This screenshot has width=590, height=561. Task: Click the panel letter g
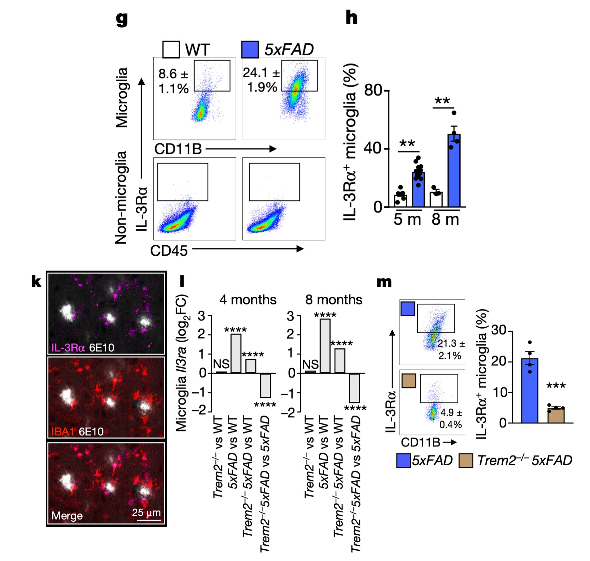click(x=122, y=19)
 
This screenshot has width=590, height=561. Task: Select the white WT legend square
click(x=171, y=50)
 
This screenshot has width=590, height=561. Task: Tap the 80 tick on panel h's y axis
click(x=373, y=91)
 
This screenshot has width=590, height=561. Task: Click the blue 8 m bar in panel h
click(x=454, y=171)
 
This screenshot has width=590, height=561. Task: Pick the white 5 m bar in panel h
click(x=401, y=201)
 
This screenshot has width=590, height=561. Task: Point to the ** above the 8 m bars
click(x=442, y=101)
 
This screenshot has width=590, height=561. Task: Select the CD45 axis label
click(x=169, y=251)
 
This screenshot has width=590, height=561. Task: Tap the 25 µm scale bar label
click(x=146, y=512)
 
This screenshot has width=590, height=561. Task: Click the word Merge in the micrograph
click(x=67, y=515)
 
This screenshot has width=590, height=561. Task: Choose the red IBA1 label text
click(x=62, y=432)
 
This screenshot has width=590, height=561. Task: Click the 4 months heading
click(x=248, y=300)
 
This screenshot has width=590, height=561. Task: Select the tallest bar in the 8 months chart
click(x=325, y=345)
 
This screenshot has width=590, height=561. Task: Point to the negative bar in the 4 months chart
click(x=265, y=385)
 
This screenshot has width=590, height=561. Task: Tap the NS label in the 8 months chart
click(x=310, y=365)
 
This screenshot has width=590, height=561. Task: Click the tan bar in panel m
click(x=556, y=415)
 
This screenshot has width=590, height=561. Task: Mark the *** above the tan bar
click(x=556, y=386)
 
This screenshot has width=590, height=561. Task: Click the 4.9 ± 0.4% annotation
click(x=451, y=419)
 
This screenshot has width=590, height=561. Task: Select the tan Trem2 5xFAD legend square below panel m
click(x=466, y=461)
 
